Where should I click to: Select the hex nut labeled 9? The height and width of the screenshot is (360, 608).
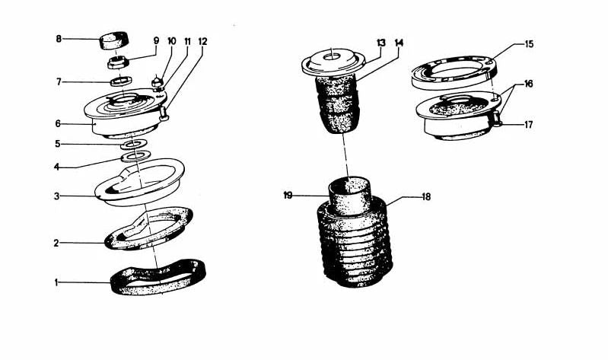(x=120, y=62)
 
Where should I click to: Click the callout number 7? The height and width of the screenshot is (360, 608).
(x=59, y=81)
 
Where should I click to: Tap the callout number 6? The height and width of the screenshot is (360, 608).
(x=59, y=123)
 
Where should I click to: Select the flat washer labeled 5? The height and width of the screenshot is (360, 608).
(x=134, y=143)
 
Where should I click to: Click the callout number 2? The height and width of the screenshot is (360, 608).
(x=56, y=244)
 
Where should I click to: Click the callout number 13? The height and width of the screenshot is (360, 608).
(x=381, y=43)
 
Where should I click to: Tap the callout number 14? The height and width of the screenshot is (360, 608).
(x=399, y=43)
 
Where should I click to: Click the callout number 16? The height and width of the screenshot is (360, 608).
(x=528, y=84)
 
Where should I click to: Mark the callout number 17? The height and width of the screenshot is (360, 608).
(x=528, y=124)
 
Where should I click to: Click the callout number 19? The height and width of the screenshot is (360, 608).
(x=288, y=196)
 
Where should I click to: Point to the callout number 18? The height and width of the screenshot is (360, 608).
(x=426, y=196)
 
